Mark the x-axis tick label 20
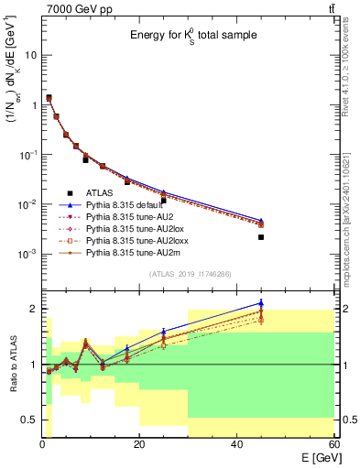click(x=139, y=443)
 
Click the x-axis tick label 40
click(x=236, y=443)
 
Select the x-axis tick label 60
click(x=333, y=443)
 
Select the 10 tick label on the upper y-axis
click(x=29, y=55)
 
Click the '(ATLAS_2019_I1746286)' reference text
click(x=189, y=274)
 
